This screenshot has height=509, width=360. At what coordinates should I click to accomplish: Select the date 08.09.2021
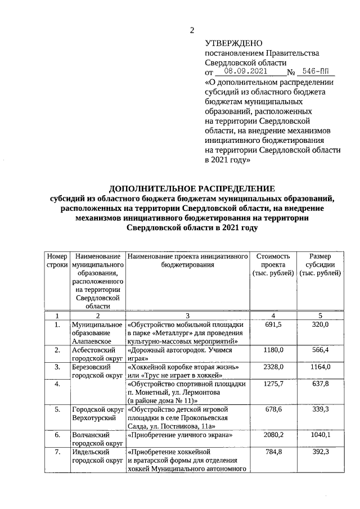click(x=245, y=72)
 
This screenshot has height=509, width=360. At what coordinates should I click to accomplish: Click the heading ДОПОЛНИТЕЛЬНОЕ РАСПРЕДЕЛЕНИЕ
click(x=192, y=188)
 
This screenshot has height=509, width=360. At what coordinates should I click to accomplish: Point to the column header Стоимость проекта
click(x=273, y=264)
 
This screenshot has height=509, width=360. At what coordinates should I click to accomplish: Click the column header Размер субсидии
click(x=319, y=264)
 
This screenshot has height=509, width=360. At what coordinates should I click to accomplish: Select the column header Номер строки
click(x=57, y=260)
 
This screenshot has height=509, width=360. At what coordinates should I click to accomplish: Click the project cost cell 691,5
click(x=273, y=325)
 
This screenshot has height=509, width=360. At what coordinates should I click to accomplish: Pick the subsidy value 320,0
click(x=319, y=325)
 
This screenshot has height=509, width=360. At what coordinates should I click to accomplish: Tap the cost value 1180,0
click(x=273, y=350)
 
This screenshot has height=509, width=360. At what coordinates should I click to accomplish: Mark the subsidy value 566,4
click(x=319, y=350)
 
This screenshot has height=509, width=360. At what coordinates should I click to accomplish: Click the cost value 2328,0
click(x=273, y=367)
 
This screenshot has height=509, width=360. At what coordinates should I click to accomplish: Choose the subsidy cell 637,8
click(x=319, y=384)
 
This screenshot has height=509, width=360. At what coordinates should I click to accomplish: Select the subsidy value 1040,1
click(x=319, y=435)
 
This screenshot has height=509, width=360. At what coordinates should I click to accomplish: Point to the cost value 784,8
click(x=273, y=452)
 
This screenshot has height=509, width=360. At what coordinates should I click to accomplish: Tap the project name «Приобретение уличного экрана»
click(x=180, y=435)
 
